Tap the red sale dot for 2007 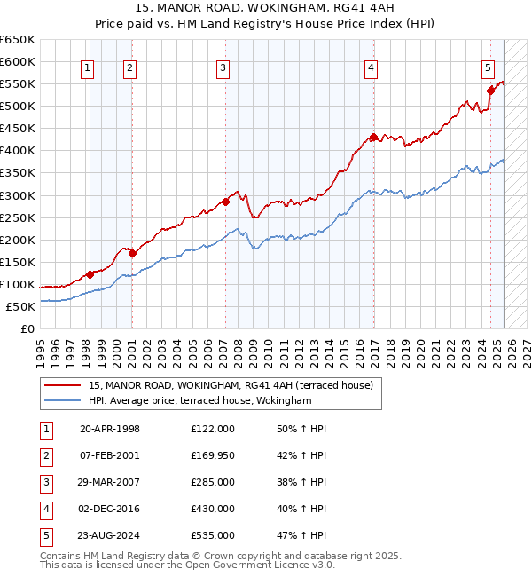[225, 202]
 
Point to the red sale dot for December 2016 [373, 137]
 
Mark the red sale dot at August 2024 [490, 90]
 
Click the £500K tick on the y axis [18, 106]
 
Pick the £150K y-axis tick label [18, 262]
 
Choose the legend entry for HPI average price [200, 401]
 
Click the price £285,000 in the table [213, 482]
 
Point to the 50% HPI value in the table [301, 429]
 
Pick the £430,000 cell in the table [213, 509]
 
